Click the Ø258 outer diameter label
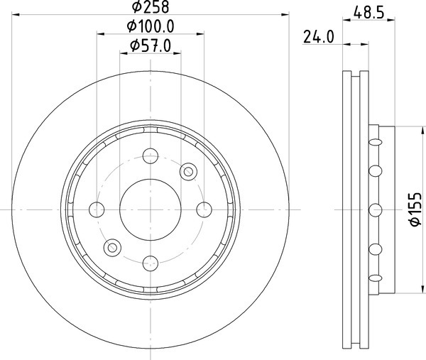[151, 7]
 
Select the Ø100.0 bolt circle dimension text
[151, 26]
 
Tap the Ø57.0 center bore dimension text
[151, 45]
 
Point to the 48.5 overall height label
[369, 13]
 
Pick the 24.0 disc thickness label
[318, 37]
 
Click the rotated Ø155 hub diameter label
[416, 209]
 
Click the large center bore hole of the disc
[151, 209]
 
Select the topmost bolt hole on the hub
[151, 156]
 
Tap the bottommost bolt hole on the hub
[151, 263]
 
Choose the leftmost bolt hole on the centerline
[97, 209]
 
